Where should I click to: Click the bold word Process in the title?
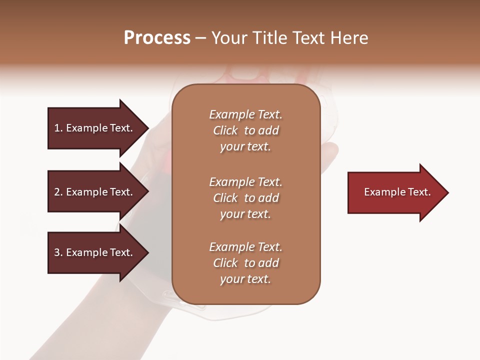(x=157, y=38)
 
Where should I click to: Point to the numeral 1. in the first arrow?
(x=58, y=128)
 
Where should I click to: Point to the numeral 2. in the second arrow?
(x=58, y=192)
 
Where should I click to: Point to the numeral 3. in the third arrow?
(x=58, y=252)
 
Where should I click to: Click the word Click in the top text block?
(x=225, y=130)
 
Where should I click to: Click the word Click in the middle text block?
(x=225, y=198)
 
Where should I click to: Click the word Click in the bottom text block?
(x=225, y=263)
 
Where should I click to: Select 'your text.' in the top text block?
(x=245, y=147)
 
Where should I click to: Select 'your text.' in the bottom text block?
(x=245, y=279)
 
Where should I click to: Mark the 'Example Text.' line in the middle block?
(x=245, y=182)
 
